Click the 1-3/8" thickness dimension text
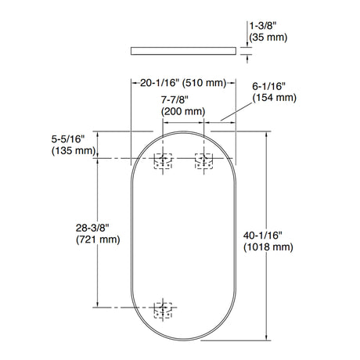(263, 26)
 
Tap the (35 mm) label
(268, 38)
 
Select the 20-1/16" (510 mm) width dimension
(183, 83)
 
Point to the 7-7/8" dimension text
(175, 99)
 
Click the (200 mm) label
(183, 111)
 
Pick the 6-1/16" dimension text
(268, 86)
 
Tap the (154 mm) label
(275, 98)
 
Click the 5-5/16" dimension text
(68, 139)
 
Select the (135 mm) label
(74, 151)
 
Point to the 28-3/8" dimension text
(92, 228)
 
